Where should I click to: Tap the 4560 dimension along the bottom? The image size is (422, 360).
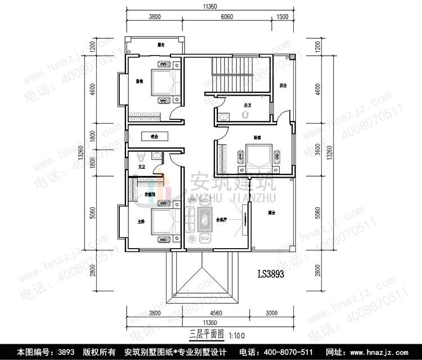click(x=217, y=313)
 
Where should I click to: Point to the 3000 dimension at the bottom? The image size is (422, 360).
click(x=272, y=313)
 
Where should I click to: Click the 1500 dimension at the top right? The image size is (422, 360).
click(x=283, y=17)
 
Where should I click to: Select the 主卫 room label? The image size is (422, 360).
click(x=142, y=167)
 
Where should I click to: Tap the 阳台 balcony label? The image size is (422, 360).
click(x=284, y=86)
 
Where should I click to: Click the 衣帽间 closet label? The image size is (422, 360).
click(x=150, y=194)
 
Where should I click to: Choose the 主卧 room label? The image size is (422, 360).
click(x=141, y=222)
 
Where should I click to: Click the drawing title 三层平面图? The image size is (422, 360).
click(x=206, y=333)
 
